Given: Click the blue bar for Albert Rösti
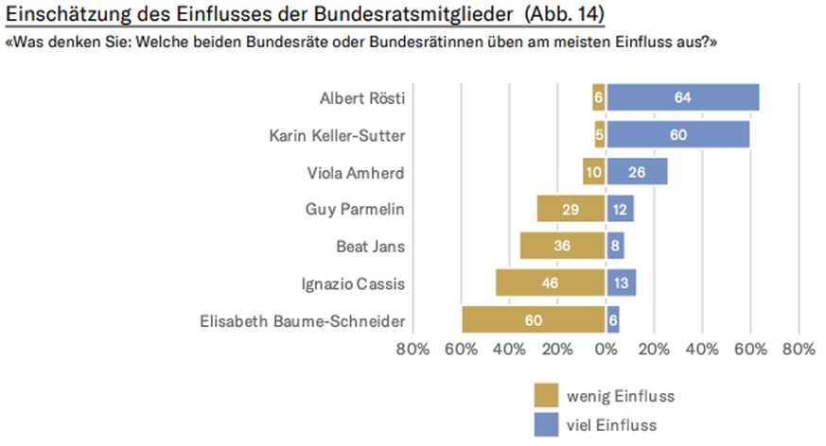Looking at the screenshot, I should coord(682,97).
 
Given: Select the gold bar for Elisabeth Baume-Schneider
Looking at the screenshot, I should coord(534,320).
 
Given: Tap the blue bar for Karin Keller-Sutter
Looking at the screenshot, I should coord(677,134).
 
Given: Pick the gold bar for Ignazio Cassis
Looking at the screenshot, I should coord(550,283).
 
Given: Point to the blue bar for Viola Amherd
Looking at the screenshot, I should coord(637,171).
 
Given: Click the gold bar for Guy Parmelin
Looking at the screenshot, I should coord(571,209).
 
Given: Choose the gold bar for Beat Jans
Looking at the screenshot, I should coord(562,246).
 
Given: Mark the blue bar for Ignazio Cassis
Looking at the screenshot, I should coord(621,283).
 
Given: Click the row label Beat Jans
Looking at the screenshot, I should coord(371,247).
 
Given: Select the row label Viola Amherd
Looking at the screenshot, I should coord(357,173).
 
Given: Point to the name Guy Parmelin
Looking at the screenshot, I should coord(355,210).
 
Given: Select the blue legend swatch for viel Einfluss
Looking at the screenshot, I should coord(546,423).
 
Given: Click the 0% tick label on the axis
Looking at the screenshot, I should coord(606,350).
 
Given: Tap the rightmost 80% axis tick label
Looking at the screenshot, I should coord(800,350).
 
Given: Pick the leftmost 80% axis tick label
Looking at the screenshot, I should coord(413,350).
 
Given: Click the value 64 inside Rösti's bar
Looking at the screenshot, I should coord(682,97).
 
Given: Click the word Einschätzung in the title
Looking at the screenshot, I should coord(67,16).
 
